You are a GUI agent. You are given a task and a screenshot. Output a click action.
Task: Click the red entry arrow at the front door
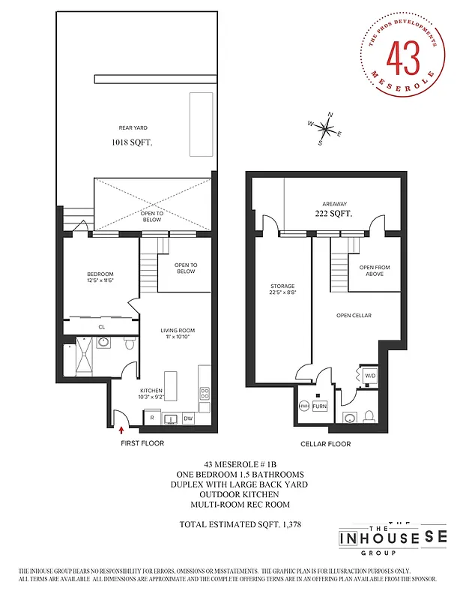pyautogui.click(x=122, y=430)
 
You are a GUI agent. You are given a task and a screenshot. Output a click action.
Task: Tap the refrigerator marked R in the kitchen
pyautogui.click(x=152, y=418)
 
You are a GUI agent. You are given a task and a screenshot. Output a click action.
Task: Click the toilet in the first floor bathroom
pyautogui.click(x=129, y=343)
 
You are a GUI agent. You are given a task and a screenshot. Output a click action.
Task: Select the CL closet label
pyautogui.click(x=102, y=327)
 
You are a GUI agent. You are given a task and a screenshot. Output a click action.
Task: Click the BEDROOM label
pyautogui.click(x=100, y=274)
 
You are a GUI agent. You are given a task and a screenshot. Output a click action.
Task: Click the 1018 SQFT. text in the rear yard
pyautogui.click(x=132, y=141)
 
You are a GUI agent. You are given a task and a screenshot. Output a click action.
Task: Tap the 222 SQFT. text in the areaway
pyautogui.click(x=333, y=214)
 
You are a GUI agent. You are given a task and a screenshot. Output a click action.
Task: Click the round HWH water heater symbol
pyautogui.click(x=304, y=406)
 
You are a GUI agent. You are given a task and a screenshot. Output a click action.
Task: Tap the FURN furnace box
pyautogui.click(x=320, y=406)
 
